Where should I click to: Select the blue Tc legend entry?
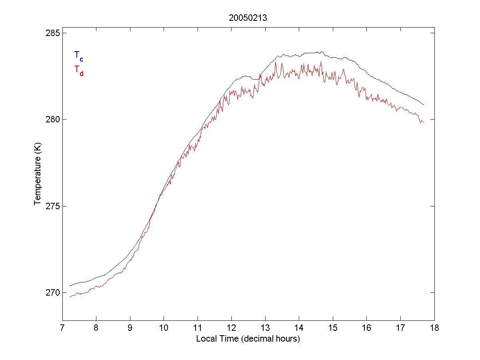(x=79, y=56)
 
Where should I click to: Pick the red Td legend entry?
(x=79, y=70)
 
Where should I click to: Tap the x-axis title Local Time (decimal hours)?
(x=248, y=339)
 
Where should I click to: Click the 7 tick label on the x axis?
(x=62, y=328)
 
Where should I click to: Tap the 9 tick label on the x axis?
(x=130, y=328)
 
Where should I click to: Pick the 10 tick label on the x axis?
(x=164, y=328)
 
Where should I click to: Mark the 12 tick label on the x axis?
(x=231, y=328)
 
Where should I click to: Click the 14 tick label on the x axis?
(x=299, y=328)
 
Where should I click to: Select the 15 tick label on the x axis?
(x=333, y=328)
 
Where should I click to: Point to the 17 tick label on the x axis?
(x=400, y=328)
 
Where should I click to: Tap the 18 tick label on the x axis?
(x=434, y=328)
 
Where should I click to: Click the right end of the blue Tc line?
(x=424, y=105)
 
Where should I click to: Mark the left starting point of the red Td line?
(x=70, y=297)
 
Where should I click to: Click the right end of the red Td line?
(x=424, y=122)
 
